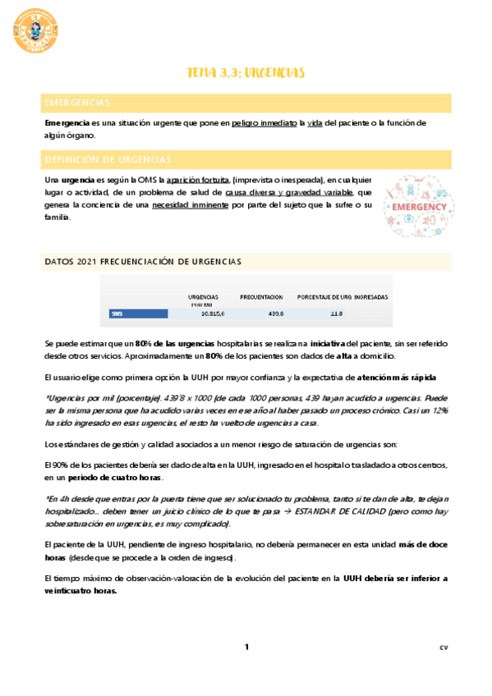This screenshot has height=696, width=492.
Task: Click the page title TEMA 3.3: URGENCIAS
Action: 246,74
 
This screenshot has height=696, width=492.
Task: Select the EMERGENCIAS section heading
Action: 78,103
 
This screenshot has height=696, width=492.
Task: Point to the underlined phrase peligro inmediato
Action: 264,123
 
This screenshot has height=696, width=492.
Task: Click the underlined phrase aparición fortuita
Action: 197,180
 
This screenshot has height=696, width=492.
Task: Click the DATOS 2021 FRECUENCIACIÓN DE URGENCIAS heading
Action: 143,261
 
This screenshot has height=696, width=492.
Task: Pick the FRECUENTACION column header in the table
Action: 261,296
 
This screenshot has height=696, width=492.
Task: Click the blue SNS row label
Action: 117,314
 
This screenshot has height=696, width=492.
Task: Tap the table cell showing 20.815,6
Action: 215,314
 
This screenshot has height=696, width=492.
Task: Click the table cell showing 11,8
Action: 336,314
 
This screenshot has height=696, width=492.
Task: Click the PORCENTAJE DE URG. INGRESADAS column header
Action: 343,296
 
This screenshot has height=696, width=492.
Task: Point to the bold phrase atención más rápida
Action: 402,378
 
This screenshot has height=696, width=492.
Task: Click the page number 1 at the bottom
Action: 246,648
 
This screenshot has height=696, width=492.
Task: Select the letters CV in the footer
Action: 444,648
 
